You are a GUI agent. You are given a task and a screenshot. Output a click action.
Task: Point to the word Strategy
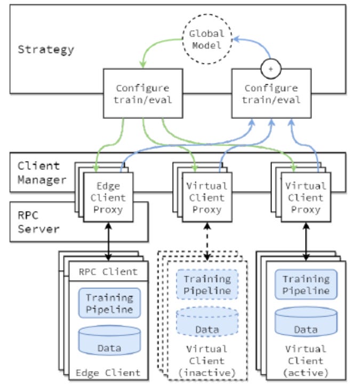[x=46, y=50]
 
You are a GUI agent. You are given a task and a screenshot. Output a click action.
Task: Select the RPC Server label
[x=35, y=221]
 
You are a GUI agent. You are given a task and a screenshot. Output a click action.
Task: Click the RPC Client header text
[x=110, y=272]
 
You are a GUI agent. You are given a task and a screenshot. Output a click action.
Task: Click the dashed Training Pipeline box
[x=207, y=284]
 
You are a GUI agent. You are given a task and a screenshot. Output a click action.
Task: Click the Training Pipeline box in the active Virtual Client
[x=306, y=284]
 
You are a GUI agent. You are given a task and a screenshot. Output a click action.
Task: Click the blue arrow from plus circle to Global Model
[x=256, y=43]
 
